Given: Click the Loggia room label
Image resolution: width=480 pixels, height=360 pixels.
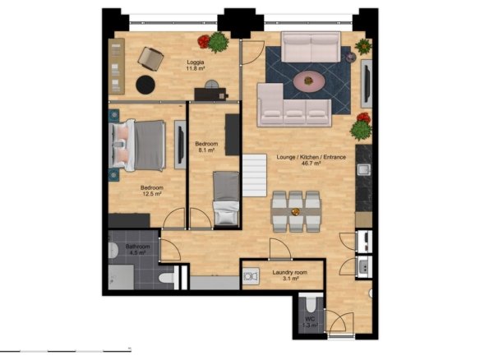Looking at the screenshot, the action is [x=196, y=62].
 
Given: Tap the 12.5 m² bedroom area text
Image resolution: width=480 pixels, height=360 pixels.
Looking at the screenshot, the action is [x=152, y=194].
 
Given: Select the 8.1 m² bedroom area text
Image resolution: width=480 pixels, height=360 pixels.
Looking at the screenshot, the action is [x=206, y=150].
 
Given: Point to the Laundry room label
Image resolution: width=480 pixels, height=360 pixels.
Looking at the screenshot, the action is [x=290, y=272].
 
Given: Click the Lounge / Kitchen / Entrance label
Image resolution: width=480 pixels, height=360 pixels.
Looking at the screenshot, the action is [x=311, y=157].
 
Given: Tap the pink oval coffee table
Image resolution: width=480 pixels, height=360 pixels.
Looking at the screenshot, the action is [x=309, y=81].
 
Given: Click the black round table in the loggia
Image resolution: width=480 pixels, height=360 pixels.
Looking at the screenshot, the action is [x=145, y=85].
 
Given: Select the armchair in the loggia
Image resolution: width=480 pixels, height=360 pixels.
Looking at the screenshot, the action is [x=150, y=59].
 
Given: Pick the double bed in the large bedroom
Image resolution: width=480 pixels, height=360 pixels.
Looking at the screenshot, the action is [x=137, y=145].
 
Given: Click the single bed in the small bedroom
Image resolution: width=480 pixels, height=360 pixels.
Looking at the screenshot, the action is [x=226, y=198].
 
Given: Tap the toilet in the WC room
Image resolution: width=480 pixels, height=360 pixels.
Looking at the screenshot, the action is [x=312, y=303].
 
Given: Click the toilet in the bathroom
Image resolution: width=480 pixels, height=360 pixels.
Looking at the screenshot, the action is [x=167, y=278].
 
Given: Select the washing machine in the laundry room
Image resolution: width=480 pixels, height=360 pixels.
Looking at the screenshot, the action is [x=251, y=276].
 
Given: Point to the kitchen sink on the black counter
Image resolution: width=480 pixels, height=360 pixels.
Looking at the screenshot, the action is [x=363, y=169].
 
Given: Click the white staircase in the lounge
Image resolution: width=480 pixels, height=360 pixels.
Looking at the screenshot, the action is [x=255, y=175].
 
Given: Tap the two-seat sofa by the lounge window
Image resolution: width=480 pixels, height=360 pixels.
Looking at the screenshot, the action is [x=311, y=47].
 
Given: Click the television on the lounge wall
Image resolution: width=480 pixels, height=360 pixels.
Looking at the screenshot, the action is [x=367, y=84].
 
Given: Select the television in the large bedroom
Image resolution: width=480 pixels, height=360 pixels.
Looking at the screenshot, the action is [x=180, y=145].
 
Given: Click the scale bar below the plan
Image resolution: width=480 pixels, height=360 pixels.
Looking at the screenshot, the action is [x=66, y=351].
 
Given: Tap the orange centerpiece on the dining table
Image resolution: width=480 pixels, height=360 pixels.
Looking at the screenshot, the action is [x=296, y=211].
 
